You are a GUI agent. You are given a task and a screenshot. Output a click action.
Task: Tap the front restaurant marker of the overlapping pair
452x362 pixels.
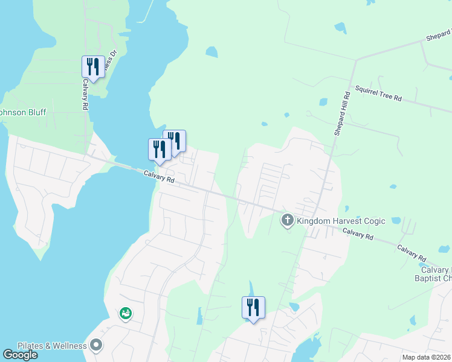160,149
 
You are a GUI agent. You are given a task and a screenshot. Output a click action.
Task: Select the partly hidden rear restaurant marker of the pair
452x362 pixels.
177,140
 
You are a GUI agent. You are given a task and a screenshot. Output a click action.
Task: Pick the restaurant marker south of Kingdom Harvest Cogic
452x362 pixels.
253,307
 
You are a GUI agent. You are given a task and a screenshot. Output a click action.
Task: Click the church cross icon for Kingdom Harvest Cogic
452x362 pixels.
288,221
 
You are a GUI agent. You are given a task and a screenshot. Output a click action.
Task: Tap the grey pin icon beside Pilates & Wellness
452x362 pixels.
96,345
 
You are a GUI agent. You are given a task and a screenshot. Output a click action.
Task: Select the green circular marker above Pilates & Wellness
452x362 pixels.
126,313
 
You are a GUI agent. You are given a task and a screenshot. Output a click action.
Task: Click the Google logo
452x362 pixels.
20,355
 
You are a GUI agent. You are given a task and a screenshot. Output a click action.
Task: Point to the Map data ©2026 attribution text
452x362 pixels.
427,357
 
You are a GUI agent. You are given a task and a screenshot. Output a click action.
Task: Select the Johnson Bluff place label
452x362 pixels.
23,112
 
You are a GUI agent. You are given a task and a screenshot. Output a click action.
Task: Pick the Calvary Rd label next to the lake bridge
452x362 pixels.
159,177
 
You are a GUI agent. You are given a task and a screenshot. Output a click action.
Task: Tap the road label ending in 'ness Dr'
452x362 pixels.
108,65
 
